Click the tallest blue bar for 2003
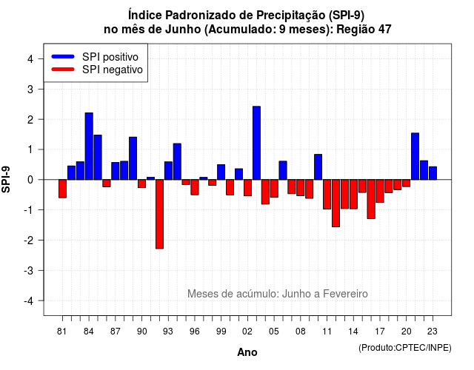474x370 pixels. pyautogui.click(x=256, y=143)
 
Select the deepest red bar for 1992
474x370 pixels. pyautogui.click(x=159, y=214)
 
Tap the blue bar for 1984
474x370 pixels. pyautogui.click(x=89, y=147)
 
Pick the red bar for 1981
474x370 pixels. pyautogui.click(x=62, y=189)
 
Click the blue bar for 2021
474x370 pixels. pyautogui.click(x=415, y=156)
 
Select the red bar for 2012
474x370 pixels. pyautogui.click(x=336, y=203)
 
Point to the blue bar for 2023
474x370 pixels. pyautogui.click(x=433, y=173)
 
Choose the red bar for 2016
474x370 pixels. pyautogui.click(x=371, y=199)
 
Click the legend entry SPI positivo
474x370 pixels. pyautogui.click(x=110, y=57)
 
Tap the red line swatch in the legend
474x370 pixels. pyautogui.click(x=63, y=70)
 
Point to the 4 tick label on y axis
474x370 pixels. pyautogui.click(x=30, y=59)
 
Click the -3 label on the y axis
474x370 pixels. pyautogui.click(x=29, y=270)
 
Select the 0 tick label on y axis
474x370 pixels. pyautogui.click(x=30, y=180)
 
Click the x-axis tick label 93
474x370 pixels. pyautogui.click(x=168, y=332)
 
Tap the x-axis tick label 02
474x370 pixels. pyautogui.click(x=247, y=332)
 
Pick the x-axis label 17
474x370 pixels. pyautogui.click(x=380, y=332)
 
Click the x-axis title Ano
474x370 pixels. pyautogui.click(x=247, y=352)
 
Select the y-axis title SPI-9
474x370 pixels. pyautogui.click(x=6, y=179)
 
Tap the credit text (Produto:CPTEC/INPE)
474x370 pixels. pyautogui.click(x=405, y=348)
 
